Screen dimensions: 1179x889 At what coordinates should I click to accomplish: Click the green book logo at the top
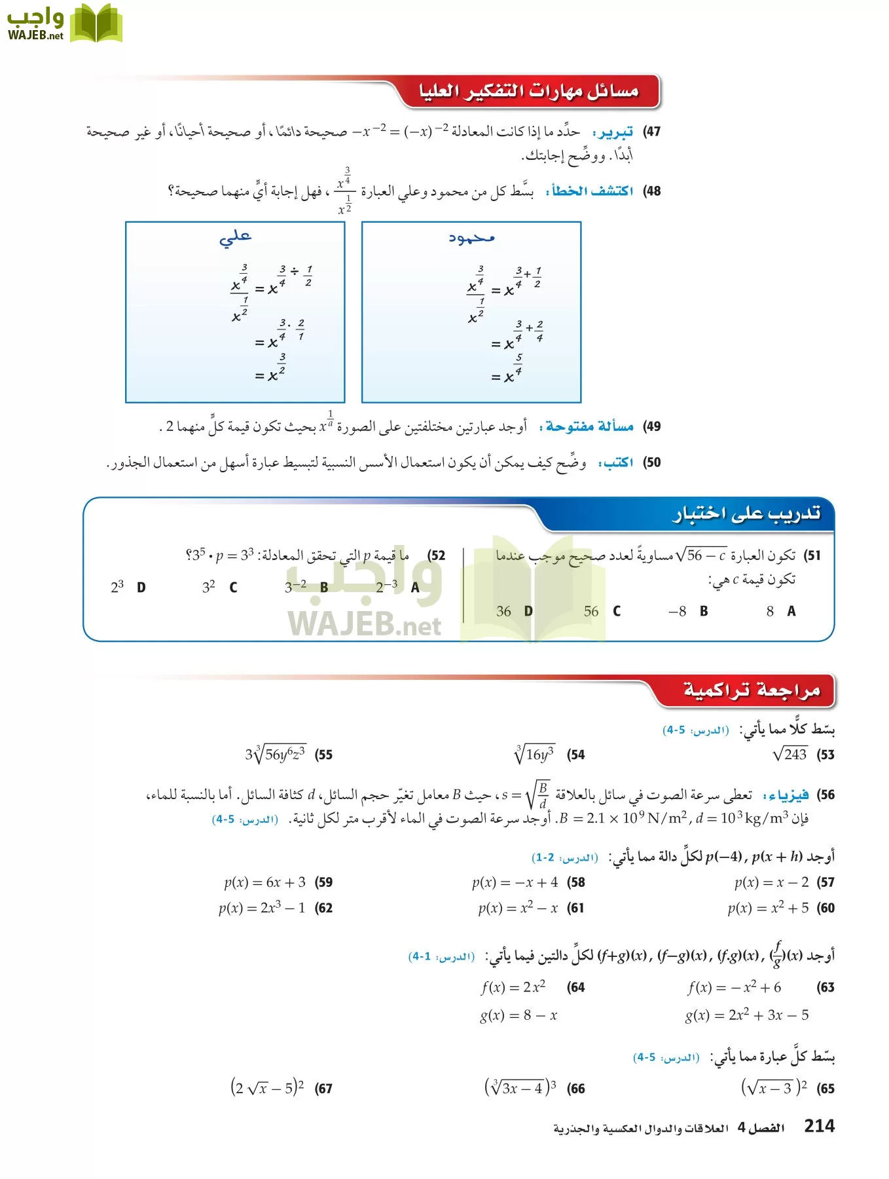pyautogui.click(x=96, y=24)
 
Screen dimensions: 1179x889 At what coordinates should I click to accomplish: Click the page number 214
pyautogui.click(x=819, y=1126)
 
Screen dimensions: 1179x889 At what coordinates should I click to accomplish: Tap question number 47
pyautogui.click(x=651, y=132)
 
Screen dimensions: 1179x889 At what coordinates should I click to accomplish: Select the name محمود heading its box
pyautogui.click(x=471, y=238)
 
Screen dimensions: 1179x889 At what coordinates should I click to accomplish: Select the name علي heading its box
pyautogui.click(x=235, y=237)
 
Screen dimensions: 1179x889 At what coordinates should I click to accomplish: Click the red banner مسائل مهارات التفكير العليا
pyautogui.click(x=528, y=91)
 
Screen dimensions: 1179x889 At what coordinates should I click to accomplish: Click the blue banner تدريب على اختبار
pyautogui.click(x=746, y=514)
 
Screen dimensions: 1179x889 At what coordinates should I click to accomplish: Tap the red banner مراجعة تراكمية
pyautogui.click(x=751, y=690)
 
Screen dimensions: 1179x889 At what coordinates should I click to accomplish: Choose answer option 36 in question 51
pyautogui.click(x=503, y=611)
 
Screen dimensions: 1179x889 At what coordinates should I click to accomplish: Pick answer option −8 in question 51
pyautogui.click(x=677, y=611)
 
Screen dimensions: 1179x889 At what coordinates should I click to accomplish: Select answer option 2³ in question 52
pyautogui.click(x=117, y=587)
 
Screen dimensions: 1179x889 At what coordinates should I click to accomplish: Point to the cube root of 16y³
pyautogui.click(x=534, y=755)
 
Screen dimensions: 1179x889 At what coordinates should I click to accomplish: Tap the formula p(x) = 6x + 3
pyautogui.click(x=265, y=882)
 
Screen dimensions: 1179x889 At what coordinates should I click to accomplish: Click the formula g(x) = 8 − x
pyautogui.click(x=518, y=1015)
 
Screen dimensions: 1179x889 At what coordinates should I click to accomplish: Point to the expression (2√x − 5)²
pyautogui.click(x=267, y=1088)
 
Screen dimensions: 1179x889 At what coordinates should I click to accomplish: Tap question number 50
pyautogui.click(x=651, y=462)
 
